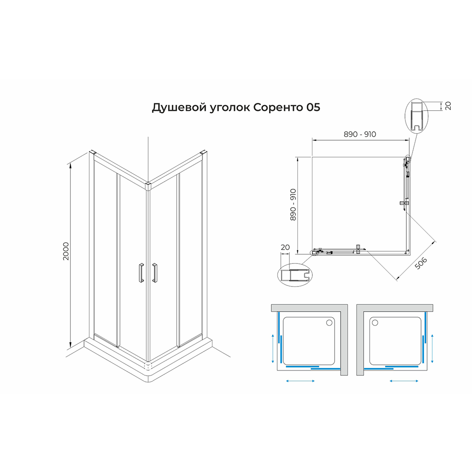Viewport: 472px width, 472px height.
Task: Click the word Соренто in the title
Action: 278,107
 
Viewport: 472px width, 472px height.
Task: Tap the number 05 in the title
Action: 313,107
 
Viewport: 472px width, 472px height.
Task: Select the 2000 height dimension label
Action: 66,252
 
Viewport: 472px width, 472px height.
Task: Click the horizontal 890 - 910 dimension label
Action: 360,134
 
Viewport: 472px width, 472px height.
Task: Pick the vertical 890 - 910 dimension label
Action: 293,205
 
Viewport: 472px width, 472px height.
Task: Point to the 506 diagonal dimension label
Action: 421,263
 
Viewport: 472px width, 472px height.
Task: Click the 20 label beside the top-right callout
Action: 448,106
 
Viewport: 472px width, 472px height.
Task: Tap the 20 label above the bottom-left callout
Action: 285,247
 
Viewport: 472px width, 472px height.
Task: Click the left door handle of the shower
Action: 141,273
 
